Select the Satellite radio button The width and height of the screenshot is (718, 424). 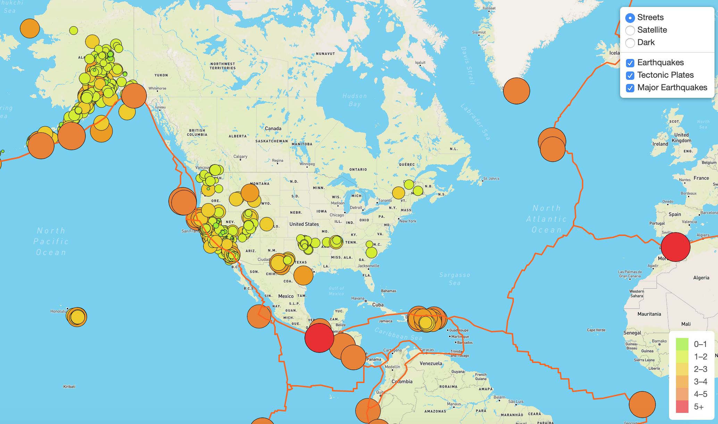(x=630, y=30)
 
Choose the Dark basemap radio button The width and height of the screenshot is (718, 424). (x=630, y=43)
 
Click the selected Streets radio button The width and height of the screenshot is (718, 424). (x=630, y=18)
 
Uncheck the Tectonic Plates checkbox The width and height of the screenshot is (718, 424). (x=630, y=75)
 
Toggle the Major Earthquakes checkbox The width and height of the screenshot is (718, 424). (x=630, y=88)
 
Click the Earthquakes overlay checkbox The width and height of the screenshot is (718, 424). (x=630, y=63)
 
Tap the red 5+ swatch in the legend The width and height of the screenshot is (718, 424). (x=682, y=407)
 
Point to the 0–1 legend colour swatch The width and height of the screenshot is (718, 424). (x=682, y=344)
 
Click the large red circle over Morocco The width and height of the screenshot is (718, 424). (x=675, y=247)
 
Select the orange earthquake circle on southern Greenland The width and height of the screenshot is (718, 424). (x=516, y=91)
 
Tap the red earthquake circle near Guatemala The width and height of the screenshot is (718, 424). (x=319, y=338)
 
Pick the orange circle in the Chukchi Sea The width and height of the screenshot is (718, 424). (x=30, y=28)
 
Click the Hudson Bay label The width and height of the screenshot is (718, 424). (x=354, y=100)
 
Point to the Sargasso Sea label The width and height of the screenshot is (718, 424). (x=454, y=279)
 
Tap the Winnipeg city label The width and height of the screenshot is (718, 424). (x=307, y=164)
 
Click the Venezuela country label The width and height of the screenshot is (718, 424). (x=431, y=363)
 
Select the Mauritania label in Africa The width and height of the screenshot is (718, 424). (x=649, y=314)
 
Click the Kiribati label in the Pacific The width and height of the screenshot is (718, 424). (x=69, y=387)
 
